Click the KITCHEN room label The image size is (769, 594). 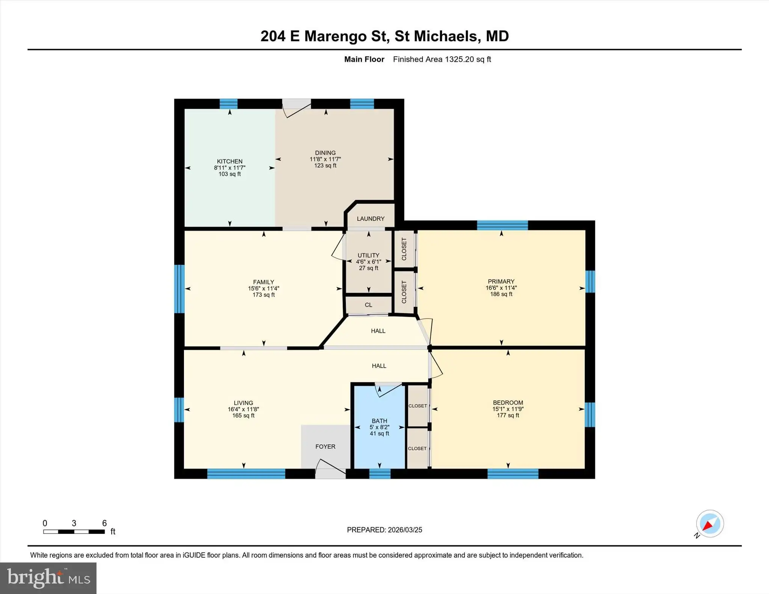click(229, 161)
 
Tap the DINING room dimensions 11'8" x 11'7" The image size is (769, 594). click(325, 159)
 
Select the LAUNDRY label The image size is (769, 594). click(371, 219)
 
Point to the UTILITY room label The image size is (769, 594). click(368, 255)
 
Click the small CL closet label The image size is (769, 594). click(368, 305)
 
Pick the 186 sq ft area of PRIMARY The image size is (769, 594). click(501, 294)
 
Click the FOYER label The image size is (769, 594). click(325, 447)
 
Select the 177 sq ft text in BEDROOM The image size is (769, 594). click(508, 415)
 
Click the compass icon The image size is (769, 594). click(710, 524)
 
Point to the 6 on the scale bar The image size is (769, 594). click(104, 523)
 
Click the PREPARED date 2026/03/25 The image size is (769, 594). click(405, 530)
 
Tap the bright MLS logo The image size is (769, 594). click(48, 578)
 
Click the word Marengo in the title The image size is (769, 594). click(335, 36)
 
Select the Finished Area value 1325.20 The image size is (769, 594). click(459, 59)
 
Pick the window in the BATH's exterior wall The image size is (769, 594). click(380, 474)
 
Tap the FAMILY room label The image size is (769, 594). click(264, 282)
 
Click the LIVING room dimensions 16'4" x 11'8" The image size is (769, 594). click(243, 409)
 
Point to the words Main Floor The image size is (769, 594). click(364, 59)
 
